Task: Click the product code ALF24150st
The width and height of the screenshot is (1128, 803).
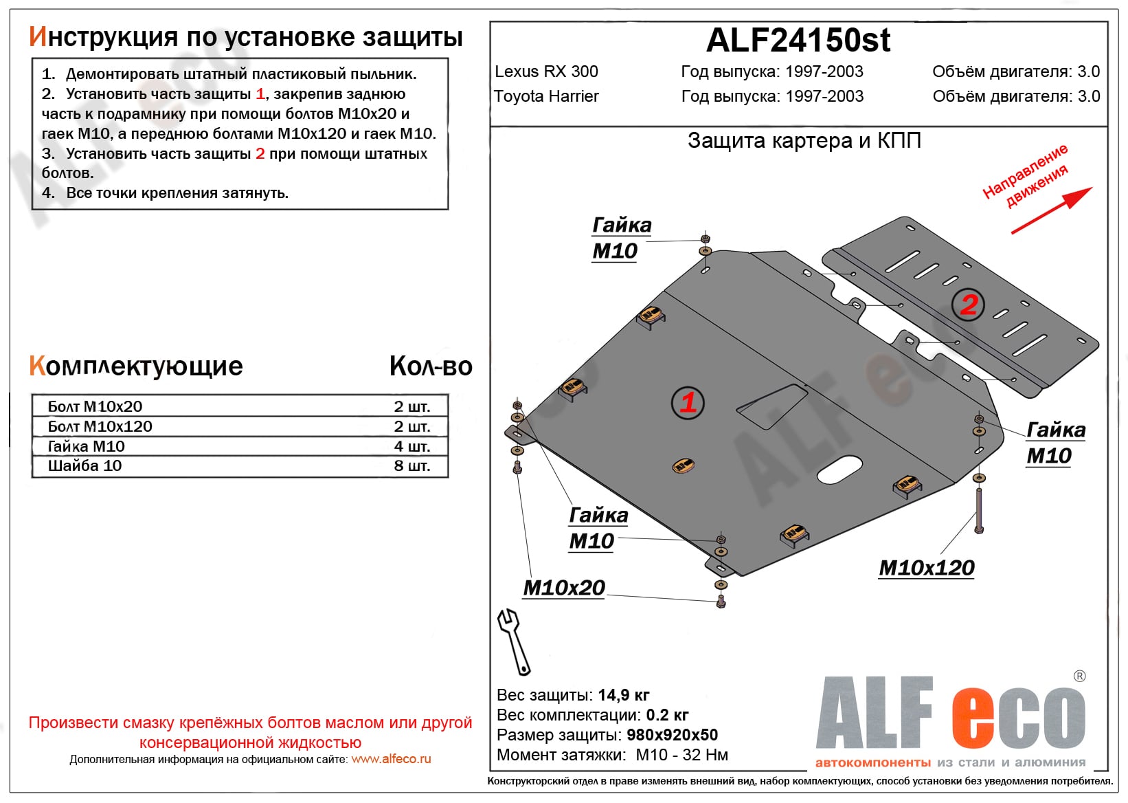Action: tap(798, 41)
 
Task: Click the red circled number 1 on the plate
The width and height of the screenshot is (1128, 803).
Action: tap(688, 402)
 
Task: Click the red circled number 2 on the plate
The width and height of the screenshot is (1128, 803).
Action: tap(969, 304)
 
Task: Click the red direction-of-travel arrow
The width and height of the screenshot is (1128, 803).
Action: tap(1051, 210)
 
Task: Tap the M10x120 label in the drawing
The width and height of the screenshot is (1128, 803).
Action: tap(926, 568)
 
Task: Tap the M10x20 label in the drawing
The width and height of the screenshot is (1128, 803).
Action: tap(564, 588)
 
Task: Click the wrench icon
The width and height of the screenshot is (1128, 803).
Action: tap(514, 641)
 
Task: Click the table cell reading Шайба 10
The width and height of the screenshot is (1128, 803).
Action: tap(84, 466)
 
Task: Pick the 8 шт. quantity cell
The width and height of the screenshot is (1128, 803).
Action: tap(411, 466)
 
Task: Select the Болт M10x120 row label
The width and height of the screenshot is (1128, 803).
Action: tap(100, 426)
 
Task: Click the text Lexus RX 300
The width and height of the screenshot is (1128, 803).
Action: tap(546, 71)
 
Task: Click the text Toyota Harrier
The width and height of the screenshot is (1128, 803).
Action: tap(546, 96)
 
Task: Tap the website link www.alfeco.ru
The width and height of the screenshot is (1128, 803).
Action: tap(391, 759)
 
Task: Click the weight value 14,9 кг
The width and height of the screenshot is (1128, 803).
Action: tap(623, 695)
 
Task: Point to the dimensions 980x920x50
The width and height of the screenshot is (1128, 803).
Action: tap(672, 735)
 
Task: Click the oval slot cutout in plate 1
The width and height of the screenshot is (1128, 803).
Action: tap(839, 470)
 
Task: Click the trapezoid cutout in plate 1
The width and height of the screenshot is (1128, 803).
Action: tap(772, 407)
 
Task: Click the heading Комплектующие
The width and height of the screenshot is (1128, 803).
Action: tap(136, 366)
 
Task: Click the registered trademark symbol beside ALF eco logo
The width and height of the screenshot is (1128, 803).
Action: tap(1079, 676)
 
